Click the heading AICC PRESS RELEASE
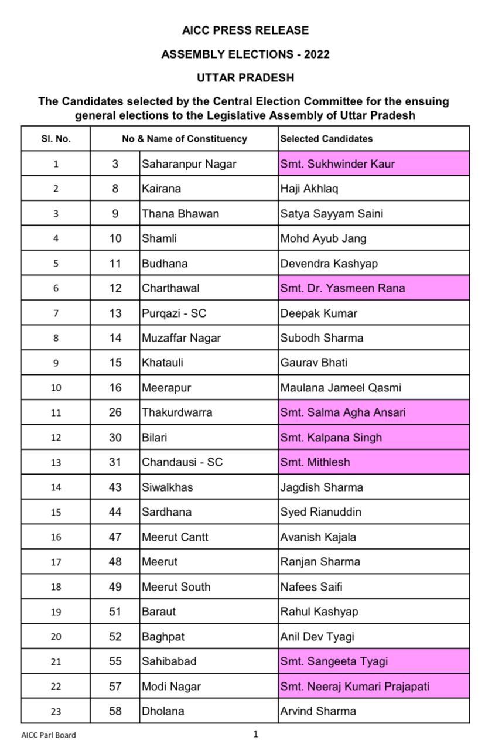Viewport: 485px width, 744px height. [245, 30]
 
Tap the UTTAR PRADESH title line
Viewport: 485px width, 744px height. [245, 77]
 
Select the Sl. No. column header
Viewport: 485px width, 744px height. [56, 139]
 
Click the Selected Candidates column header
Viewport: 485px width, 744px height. [326, 139]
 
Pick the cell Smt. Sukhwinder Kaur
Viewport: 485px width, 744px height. [337, 164]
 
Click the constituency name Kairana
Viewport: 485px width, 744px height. [161, 189]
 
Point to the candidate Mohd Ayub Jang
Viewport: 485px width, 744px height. [323, 238]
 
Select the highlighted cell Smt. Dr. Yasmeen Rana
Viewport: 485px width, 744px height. [343, 288]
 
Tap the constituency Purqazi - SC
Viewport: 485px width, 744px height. [174, 313]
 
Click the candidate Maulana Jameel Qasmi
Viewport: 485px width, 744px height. [340, 387]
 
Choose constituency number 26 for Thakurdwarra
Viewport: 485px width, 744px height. [115, 412]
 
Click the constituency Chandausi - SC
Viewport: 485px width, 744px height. [182, 462]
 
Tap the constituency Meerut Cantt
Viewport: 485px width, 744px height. [175, 537]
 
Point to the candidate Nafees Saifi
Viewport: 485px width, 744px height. [311, 586]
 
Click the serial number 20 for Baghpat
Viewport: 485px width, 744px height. [56, 637]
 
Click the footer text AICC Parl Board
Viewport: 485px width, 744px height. [49, 735]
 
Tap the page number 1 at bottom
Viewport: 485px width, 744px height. [255, 734]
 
